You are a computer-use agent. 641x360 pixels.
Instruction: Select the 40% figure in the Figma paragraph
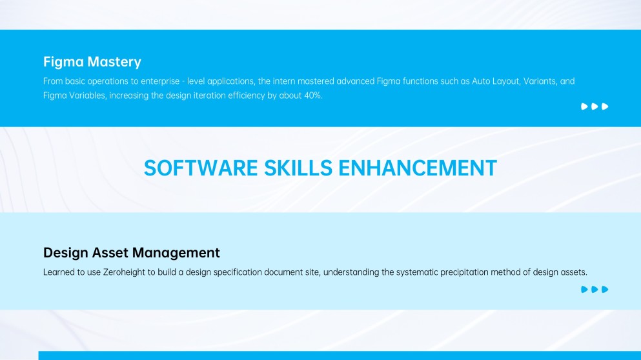pos(313,95)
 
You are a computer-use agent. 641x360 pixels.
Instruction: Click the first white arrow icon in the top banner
pos(584,106)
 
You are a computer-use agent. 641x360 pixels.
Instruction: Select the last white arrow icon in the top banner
pos(605,106)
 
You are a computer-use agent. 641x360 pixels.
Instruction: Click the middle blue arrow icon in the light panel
pos(595,290)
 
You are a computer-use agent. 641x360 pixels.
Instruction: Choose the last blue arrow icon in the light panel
pos(605,290)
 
